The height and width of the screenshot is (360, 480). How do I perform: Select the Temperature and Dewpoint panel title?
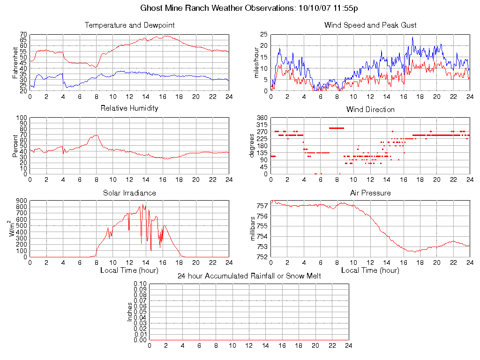(129, 25)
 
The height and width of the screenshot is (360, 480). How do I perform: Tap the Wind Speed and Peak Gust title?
(370, 25)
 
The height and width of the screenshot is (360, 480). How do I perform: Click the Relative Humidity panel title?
(129, 108)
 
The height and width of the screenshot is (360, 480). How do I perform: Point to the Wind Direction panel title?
(370, 109)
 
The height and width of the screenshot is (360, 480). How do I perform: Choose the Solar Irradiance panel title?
(129, 193)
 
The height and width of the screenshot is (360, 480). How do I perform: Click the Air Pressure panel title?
(370, 193)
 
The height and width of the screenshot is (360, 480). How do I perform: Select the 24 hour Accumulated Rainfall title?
(249, 276)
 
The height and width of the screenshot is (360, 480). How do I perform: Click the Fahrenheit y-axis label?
(15, 62)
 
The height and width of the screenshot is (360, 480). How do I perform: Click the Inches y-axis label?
(130, 312)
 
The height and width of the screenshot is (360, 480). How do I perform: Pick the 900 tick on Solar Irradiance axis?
(21, 201)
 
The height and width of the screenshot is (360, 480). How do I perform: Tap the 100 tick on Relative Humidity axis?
(21, 118)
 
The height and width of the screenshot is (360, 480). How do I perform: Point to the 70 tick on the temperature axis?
(23, 35)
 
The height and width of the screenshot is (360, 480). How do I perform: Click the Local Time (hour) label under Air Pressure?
(370, 270)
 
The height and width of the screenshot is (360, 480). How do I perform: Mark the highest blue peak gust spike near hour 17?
(413, 37)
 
